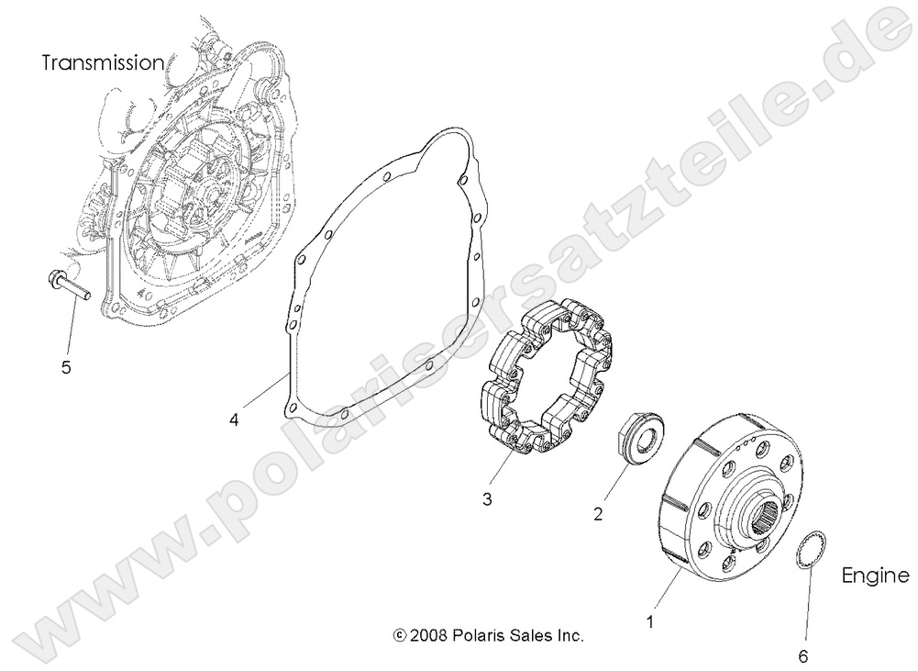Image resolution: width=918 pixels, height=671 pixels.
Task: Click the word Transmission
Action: (104, 62)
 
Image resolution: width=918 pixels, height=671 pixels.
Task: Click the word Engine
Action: (875, 576)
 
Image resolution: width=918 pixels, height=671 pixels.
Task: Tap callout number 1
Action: (650, 621)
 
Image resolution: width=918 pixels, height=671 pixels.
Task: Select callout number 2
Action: (598, 515)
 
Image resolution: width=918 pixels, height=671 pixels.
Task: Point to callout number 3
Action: (487, 499)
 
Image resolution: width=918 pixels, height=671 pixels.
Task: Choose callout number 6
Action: (803, 655)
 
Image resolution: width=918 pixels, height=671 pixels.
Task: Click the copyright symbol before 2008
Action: (399, 634)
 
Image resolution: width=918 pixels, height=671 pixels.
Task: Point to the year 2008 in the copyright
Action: (427, 634)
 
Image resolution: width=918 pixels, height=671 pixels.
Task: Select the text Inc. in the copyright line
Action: (570, 634)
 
